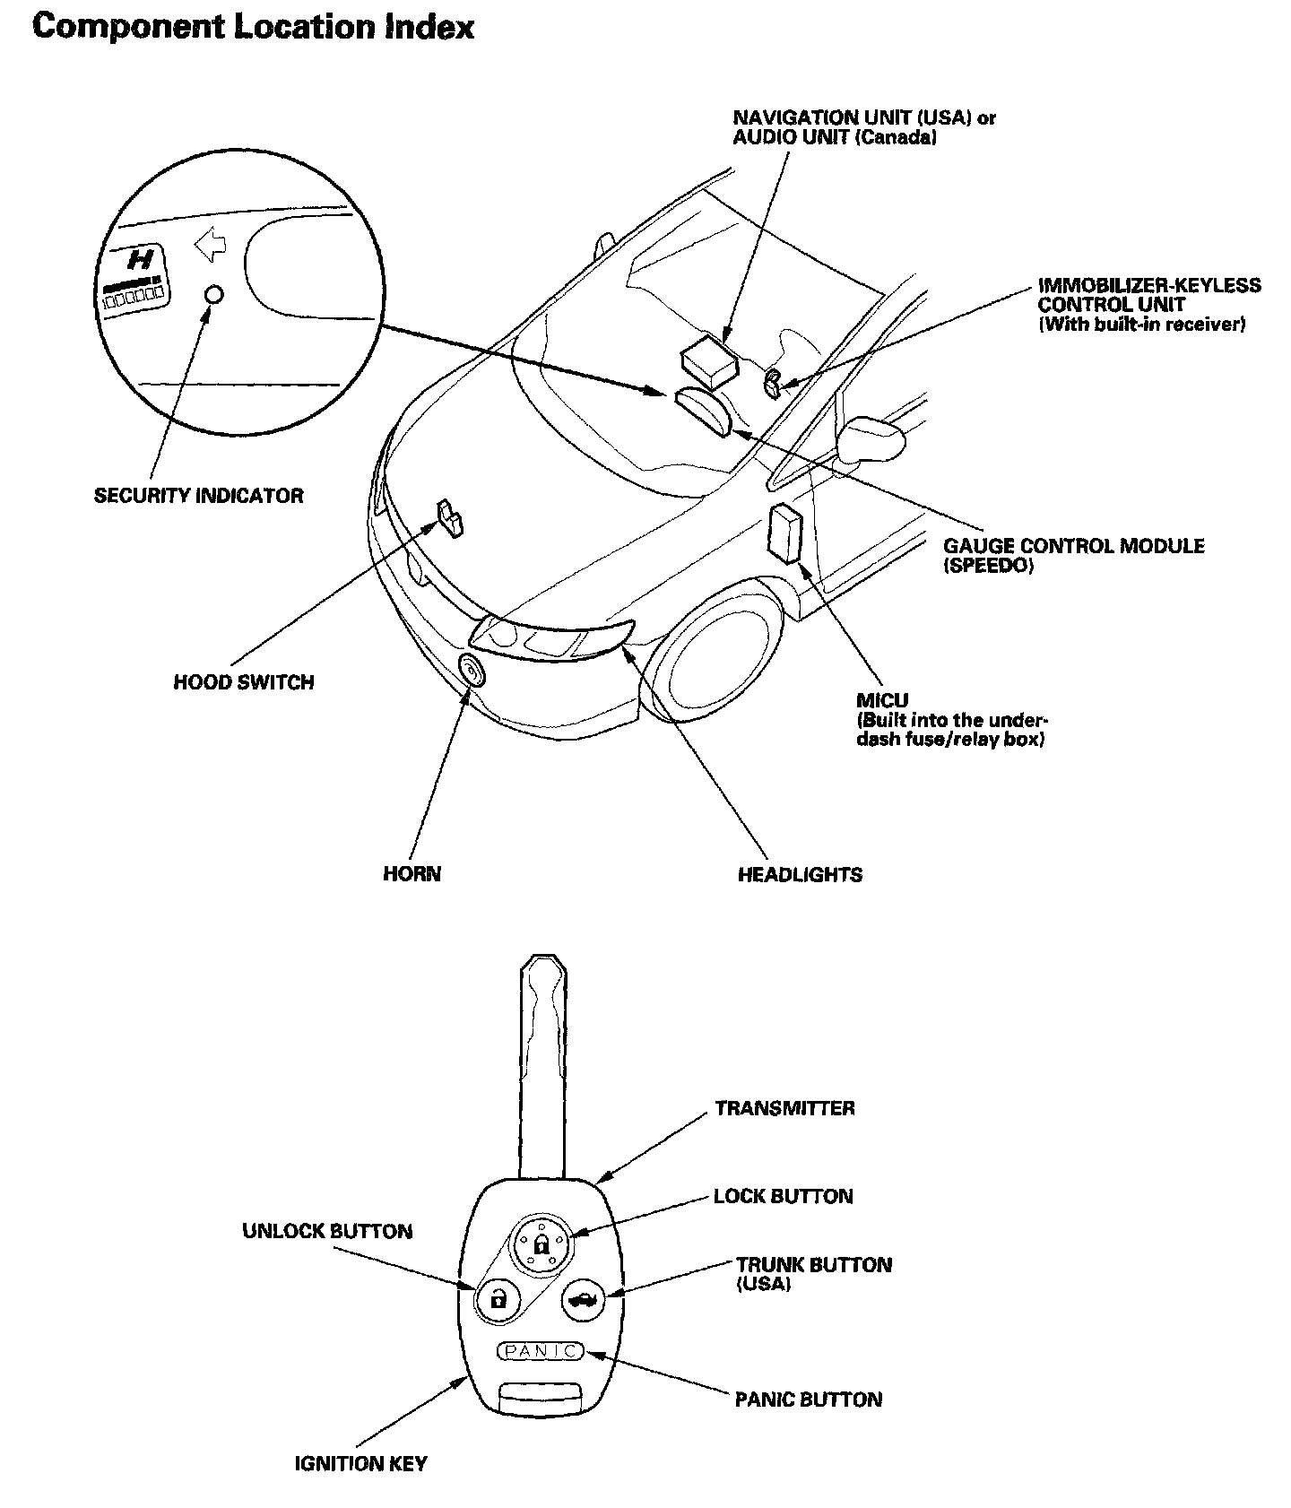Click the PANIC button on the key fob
(x=540, y=1350)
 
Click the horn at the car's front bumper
(x=471, y=671)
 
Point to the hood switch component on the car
(x=450, y=517)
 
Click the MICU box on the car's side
(x=786, y=533)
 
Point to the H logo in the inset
(x=141, y=260)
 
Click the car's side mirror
(x=871, y=437)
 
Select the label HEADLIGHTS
(x=800, y=874)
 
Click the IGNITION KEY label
(x=360, y=1463)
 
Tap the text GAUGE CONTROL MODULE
(x=1073, y=546)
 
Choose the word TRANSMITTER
(x=784, y=1108)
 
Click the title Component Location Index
(x=253, y=27)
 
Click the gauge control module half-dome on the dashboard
(x=704, y=409)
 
